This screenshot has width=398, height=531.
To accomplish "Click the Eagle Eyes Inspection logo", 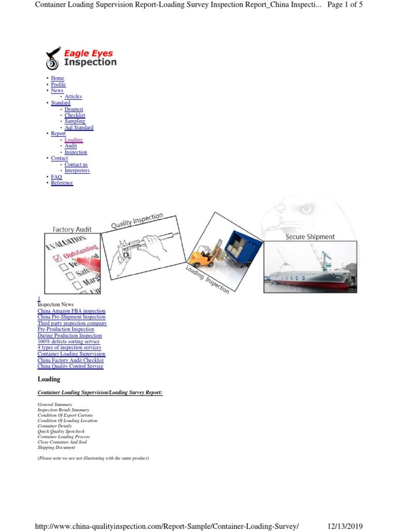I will (81, 58).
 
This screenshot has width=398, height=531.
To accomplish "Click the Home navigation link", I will (58, 78).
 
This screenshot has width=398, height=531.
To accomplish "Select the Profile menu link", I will (58, 85).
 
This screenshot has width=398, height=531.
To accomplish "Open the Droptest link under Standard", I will (74, 109).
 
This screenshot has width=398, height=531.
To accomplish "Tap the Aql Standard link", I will (79, 128).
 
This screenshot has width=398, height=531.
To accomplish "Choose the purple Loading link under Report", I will (74, 140).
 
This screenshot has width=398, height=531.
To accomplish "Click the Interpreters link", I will (77, 171).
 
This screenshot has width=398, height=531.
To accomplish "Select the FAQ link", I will (56, 177).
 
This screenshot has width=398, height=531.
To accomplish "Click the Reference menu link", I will (62, 183).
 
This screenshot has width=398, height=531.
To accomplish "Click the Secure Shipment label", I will (310, 236).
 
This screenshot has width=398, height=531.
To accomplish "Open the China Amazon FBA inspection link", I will (71, 311).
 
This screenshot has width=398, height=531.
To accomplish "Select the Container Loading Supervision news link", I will (71, 354).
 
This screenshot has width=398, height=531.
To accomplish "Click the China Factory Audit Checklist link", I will (70, 360).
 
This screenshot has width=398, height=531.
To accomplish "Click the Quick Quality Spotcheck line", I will (61, 431).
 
